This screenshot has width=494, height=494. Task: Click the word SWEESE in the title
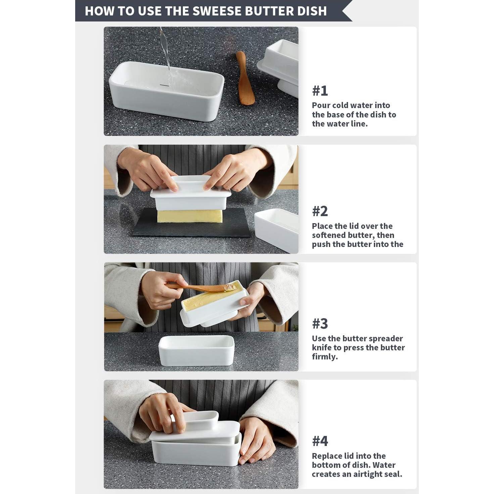tap(217, 11)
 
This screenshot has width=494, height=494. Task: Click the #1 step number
tap(320, 91)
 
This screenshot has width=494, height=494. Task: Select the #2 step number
tap(320, 211)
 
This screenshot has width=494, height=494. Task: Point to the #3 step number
tap(320, 324)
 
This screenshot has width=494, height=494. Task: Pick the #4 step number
tap(320, 441)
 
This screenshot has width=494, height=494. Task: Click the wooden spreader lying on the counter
tap(245, 78)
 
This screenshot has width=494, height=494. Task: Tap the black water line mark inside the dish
tap(164, 85)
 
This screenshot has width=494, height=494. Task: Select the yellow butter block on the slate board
tap(190, 216)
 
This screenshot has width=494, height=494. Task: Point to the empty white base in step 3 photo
tap(197, 351)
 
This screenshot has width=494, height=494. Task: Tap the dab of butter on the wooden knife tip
tap(230, 288)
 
